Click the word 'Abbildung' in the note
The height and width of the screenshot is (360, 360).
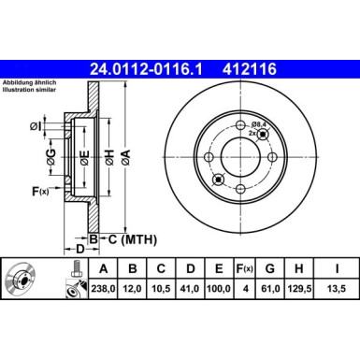click(x=21, y=85)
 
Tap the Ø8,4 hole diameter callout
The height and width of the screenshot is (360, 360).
click(x=259, y=122)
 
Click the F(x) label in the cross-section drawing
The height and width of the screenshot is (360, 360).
click(x=42, y=192)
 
